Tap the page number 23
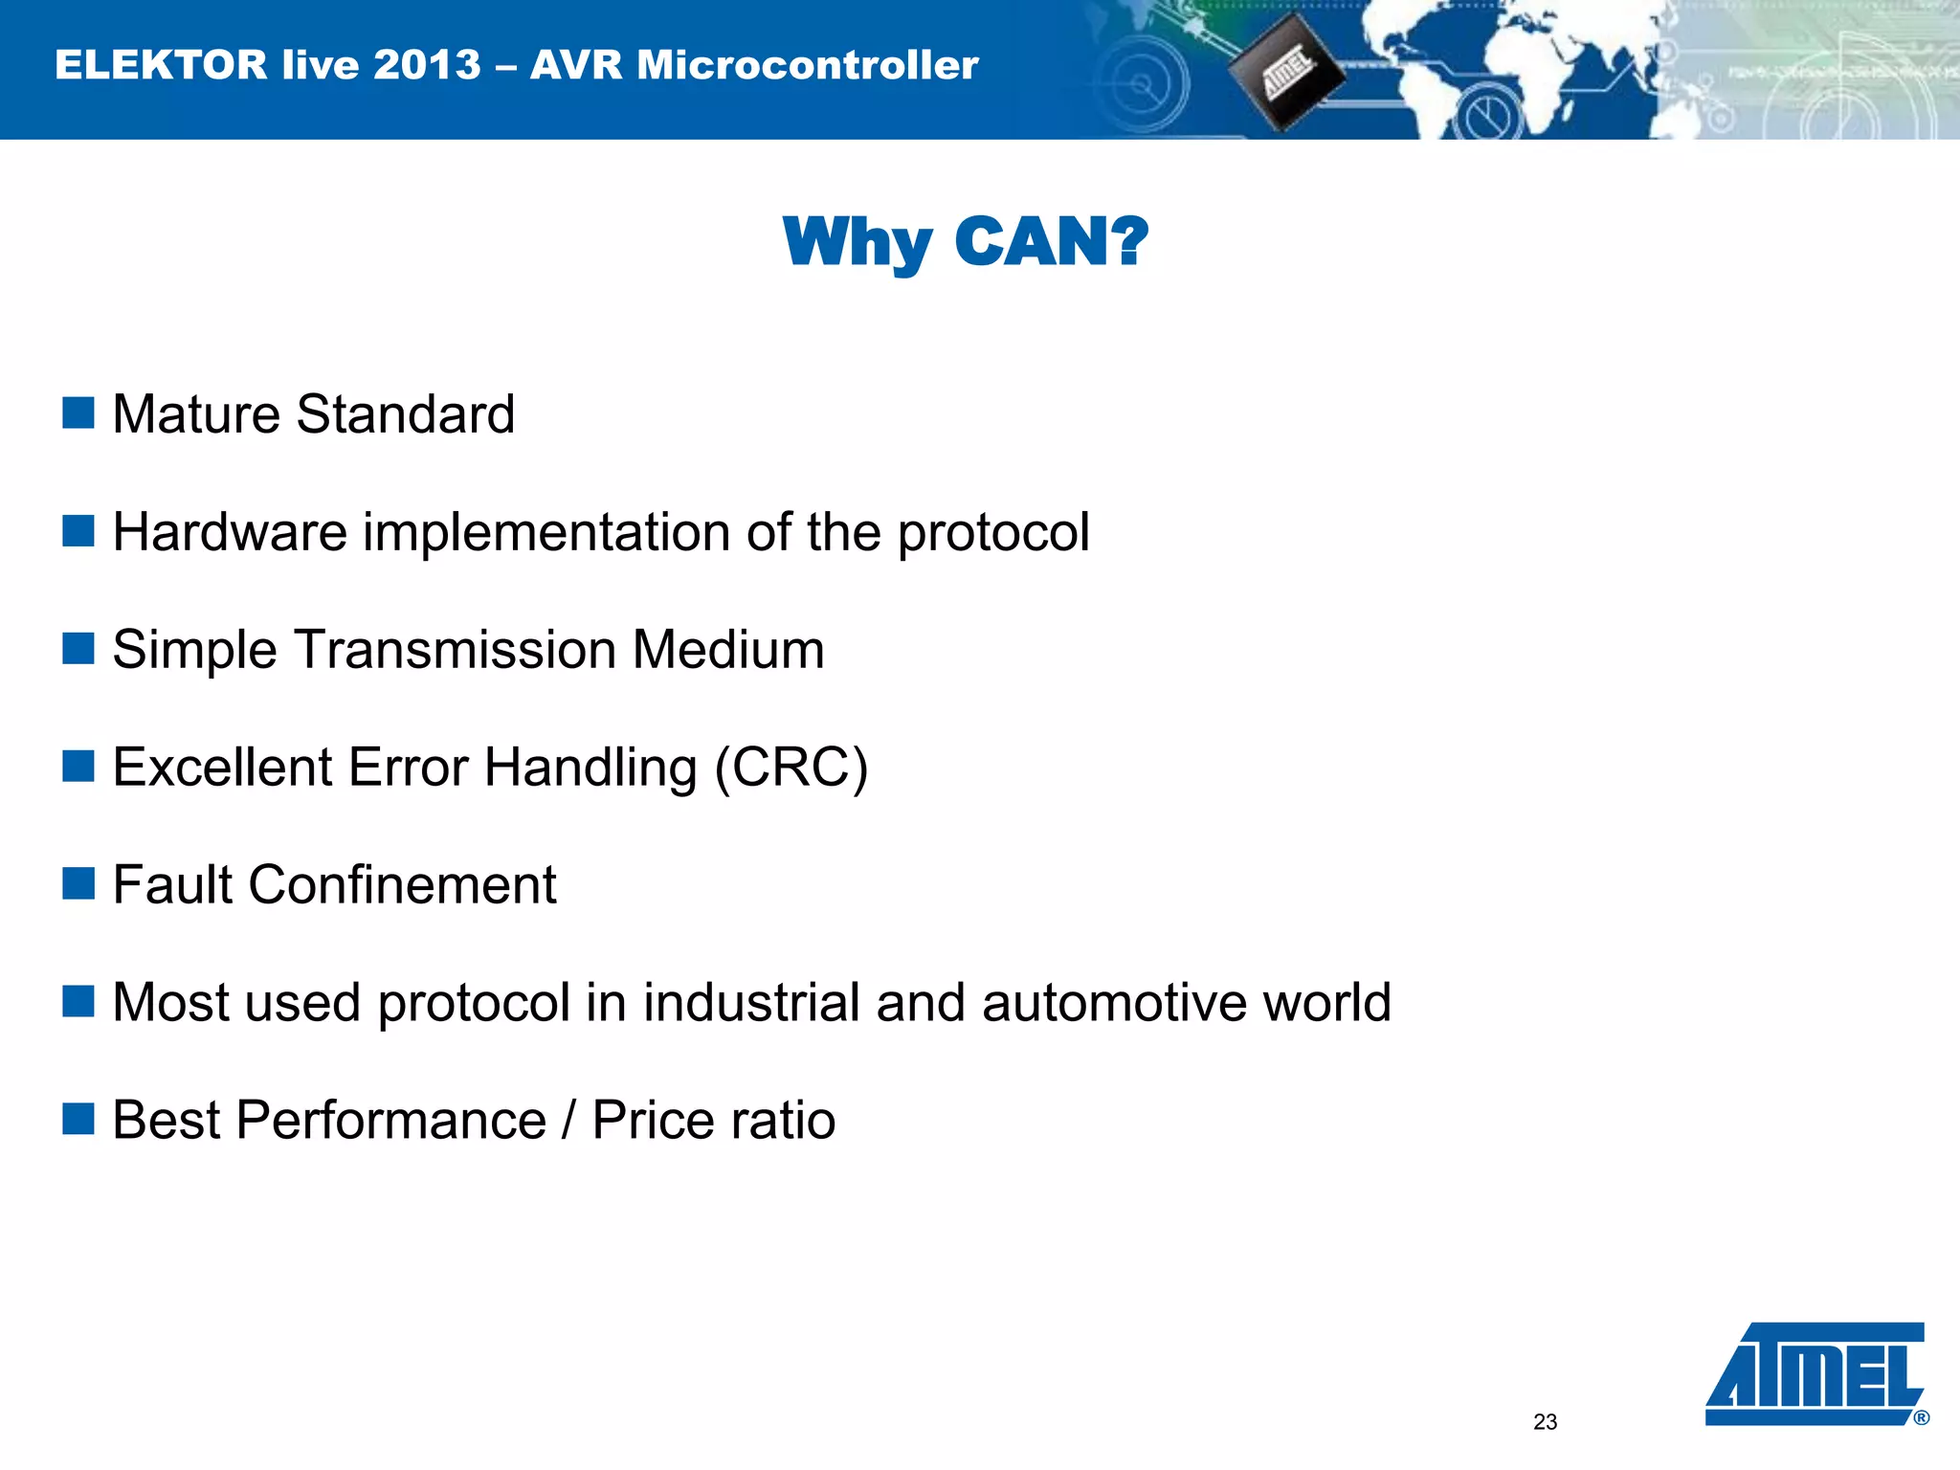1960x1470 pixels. (1545, 1422)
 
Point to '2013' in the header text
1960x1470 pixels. (427, 65)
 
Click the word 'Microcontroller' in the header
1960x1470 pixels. (808, 65)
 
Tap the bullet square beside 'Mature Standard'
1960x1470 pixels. (78, 413)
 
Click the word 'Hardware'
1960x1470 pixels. (230, 532)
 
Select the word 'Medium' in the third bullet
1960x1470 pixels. (727, 650)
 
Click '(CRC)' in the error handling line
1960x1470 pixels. (792, 768)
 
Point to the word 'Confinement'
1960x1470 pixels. (402, 884)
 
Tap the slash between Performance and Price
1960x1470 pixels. (569, 1121)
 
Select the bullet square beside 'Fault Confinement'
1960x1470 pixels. (78, 883)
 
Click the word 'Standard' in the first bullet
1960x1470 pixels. (406, 414)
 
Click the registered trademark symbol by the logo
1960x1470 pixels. (1921, 1418)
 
